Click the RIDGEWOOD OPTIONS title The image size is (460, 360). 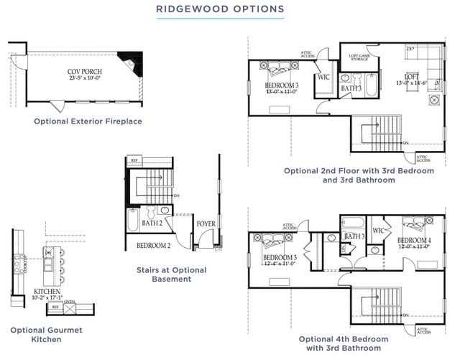[x=230, y=9]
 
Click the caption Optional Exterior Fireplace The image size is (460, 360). [x=88, y=121]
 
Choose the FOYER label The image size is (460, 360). [x=206, y=223]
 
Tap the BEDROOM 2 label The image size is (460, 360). [x=153, y=246]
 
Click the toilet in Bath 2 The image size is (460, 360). [x=151, y=211]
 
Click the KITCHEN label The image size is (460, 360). [x=47, y=292]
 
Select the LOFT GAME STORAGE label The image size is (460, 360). [x=359, y=58]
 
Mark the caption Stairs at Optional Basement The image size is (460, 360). [x=170, y=274]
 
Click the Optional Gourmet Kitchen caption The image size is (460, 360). [x=45, y=334]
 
